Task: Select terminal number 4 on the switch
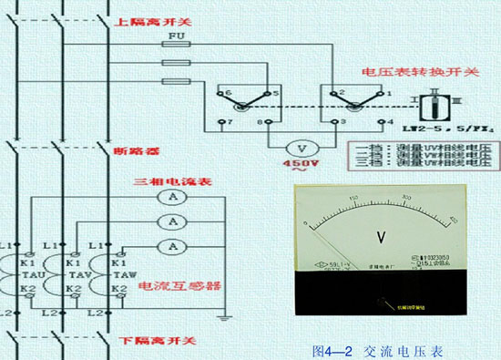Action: click(x=389, y=121)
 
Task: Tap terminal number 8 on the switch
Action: click(x=262, y=121)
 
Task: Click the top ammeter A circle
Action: click(x=169, y=198)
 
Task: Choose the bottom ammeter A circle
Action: click(x=169, y=246)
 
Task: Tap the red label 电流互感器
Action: click(x=179, y=286)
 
